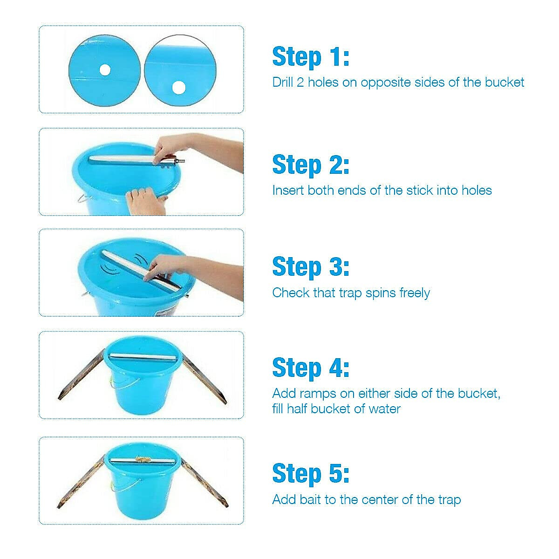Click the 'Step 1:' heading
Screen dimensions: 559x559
coord(311,57)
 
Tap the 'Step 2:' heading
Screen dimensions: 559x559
coord(311,165)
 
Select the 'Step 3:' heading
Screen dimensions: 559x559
coord(311,267)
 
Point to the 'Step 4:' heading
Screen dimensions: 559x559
coord(311,368)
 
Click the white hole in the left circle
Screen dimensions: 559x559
coord(105,69)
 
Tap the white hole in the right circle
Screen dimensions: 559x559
coord(179,88)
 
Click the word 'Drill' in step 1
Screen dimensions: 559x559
coord(282,82)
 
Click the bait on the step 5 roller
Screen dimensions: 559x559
coord(142,459)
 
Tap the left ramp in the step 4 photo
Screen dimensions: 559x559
coord(82,374)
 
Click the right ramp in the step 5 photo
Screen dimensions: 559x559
coord(204,481)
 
